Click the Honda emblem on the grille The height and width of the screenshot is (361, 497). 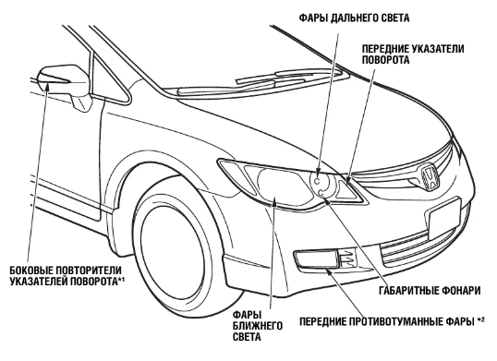[x=429, y=177]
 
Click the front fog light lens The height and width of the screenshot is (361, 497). [x=316, y=259]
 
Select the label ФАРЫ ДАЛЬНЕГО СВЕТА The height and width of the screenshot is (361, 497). [x=354, y=18]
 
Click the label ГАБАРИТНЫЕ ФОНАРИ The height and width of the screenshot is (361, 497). [x=430, y=291]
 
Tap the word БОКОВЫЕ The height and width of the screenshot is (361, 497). [x=31, y=271]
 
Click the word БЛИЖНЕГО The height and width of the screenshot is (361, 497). [x=258, y=326]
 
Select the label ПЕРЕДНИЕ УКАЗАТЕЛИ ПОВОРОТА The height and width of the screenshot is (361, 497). [x=413, y=54]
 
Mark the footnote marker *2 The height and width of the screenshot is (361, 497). [x=480, y=319]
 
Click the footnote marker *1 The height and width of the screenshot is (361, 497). [x=122, y=279]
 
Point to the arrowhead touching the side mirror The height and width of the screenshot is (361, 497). [x=46, y=86]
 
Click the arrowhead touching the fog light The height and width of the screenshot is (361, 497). [x=330, y=271]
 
